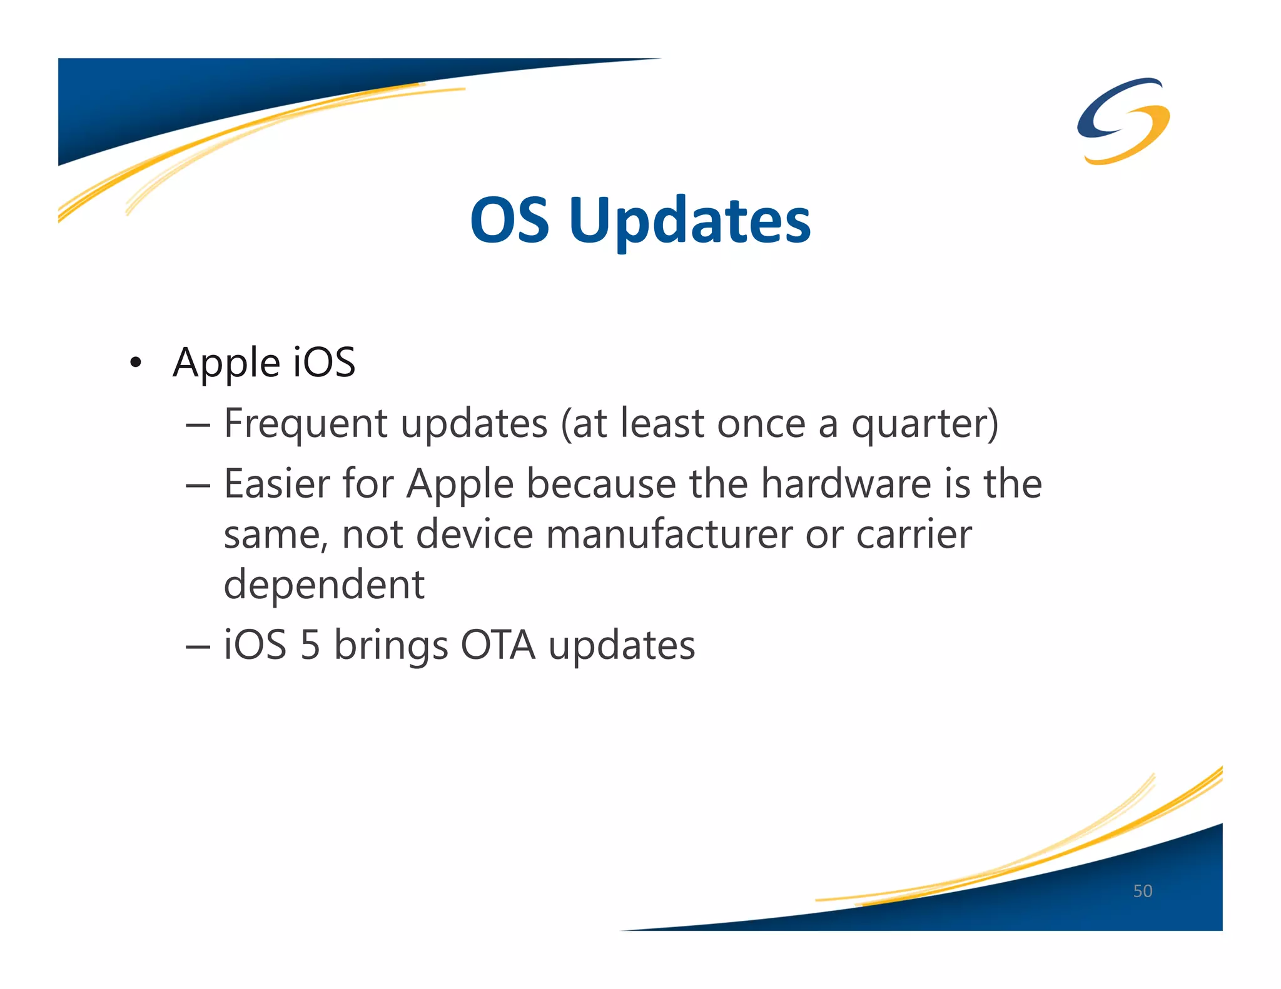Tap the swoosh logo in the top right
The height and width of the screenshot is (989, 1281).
coord(1123,121)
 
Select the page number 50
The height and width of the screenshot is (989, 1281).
coord(1142,891)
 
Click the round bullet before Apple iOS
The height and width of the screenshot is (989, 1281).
coord(135,363)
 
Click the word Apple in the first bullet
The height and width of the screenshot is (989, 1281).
coord(226,363)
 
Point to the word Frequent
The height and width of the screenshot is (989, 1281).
coord(305,424)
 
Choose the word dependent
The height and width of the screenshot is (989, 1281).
coord(324,585)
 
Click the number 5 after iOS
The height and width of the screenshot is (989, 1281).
coord(310,645)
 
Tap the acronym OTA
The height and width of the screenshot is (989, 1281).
coord(498,645)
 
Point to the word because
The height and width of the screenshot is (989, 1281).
coord(601,484)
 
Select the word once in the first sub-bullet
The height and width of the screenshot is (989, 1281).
coord(761,424)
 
